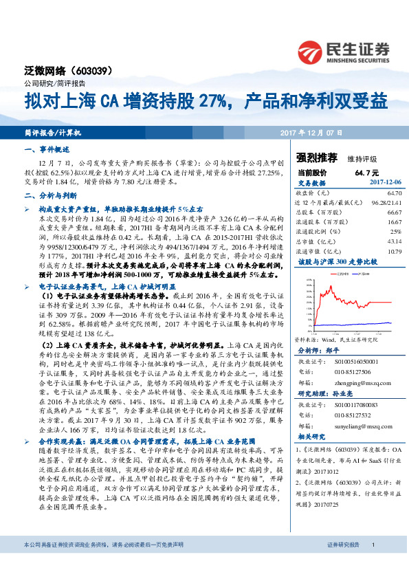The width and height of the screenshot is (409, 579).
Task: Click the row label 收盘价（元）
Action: point(313,194)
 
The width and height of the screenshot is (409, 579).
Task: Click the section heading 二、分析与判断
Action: point(47,195)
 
